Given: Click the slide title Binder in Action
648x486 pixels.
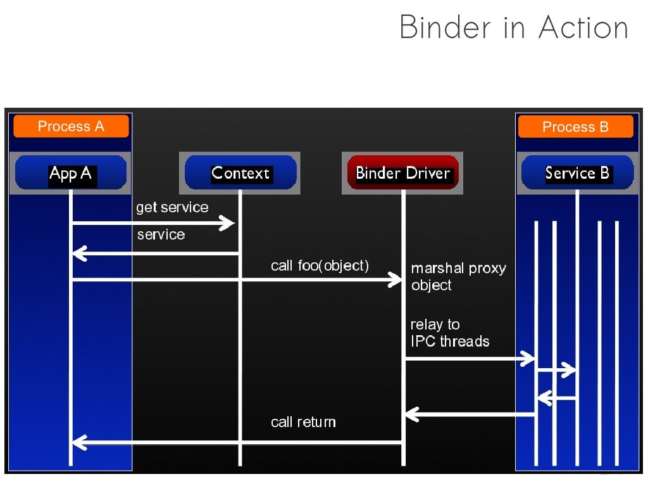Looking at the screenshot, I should [x=513, y=27].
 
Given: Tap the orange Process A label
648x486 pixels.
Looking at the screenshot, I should [x=71, y=126].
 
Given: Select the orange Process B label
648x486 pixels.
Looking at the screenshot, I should [x=575, y=127].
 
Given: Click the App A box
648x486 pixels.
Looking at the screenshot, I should [x=71, y=173].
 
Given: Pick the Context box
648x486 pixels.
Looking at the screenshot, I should [x=240, y=173].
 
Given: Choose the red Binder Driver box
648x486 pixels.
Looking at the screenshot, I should [x=402, y=173].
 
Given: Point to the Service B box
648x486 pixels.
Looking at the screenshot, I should [x=577, y=173].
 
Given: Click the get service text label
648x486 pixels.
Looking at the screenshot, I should [x=172, y=207].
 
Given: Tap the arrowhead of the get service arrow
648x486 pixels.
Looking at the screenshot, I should [x=228, y=222].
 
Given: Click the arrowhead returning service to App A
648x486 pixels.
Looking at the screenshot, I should [x=78, y=254].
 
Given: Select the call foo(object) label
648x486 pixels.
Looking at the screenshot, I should [x=320, y=265].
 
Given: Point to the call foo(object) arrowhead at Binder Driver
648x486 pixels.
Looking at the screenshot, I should [x=396, y=279].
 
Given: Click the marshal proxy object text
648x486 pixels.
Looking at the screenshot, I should [x=458, y=277].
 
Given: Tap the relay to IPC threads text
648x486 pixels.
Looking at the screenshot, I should [x=449, y=333].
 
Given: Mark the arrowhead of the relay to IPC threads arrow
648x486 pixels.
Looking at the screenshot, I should [x=529, y=359].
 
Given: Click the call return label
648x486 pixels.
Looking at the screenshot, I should [x=303, y=422].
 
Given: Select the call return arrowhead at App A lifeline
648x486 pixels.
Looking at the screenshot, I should [x=78, y=442].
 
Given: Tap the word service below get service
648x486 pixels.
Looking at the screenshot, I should [x=161, y=234].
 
